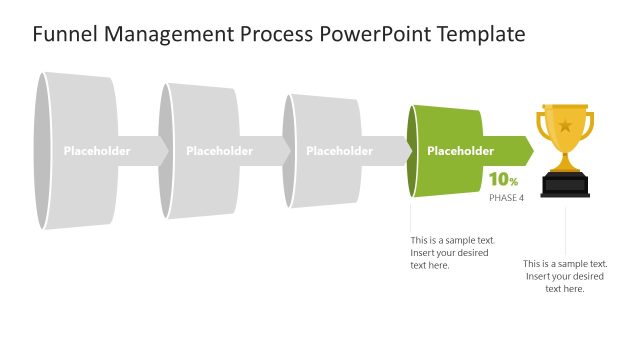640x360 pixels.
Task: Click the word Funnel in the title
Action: [63, 35]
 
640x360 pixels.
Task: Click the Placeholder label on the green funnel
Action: [460, 151]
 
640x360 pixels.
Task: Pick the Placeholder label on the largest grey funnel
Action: [97, 151]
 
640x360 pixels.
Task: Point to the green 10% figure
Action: [503, 180]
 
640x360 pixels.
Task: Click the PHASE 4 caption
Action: [506, 198]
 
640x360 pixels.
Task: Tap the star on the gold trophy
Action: [565, 126]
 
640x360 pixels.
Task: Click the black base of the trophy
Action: [565, 185]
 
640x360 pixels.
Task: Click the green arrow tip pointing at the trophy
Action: [527, 151]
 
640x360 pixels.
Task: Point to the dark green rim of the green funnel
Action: [412, 151]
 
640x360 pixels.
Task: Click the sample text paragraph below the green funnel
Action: [451, 252]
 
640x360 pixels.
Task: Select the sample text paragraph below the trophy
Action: [565, 275]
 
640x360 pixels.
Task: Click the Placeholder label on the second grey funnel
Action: [219, 151]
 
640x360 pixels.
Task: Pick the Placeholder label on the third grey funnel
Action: [339, 151]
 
